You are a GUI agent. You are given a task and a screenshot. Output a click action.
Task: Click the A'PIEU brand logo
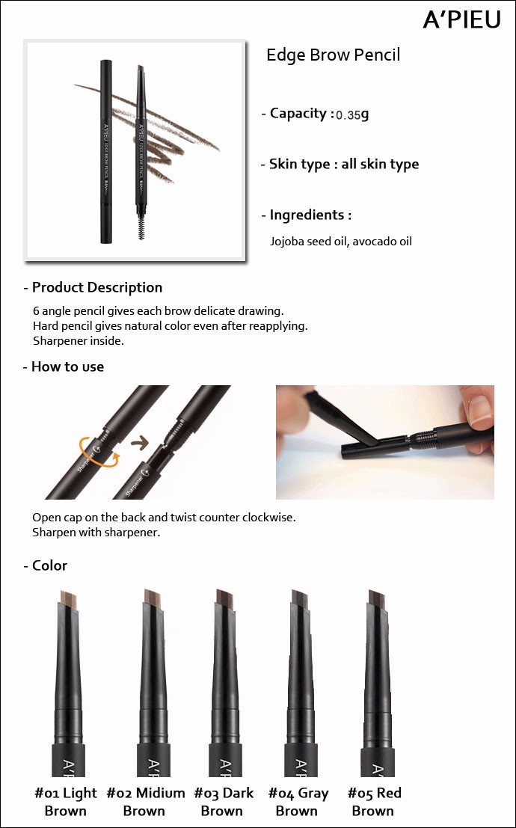(x=461, y=19)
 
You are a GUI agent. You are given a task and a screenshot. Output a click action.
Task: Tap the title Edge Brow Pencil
(x=334, y=55)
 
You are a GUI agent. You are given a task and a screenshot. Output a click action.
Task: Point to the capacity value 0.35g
(x=352, y=114)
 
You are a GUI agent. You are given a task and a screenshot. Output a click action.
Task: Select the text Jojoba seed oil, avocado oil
(x=341, y=242)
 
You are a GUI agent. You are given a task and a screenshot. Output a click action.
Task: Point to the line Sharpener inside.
(x=79, y=340)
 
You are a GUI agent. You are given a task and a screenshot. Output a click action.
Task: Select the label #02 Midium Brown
(x=145, y=802)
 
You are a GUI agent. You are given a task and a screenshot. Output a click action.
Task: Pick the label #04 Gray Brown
(x=298, y=802)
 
